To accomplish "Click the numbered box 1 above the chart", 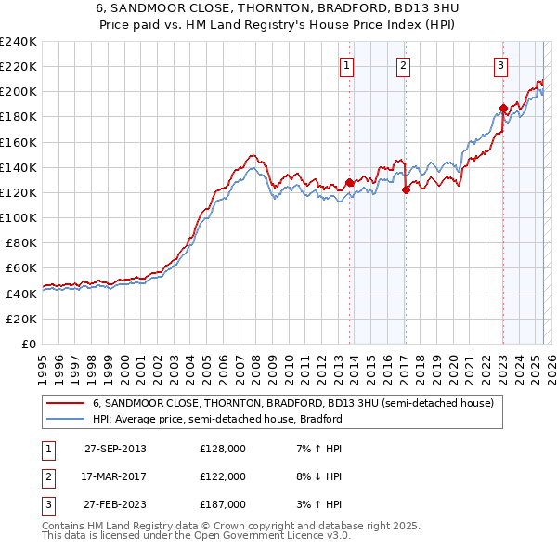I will point(346,65).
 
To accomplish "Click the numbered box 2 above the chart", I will point(404,65).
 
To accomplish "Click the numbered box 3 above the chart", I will point(500,65).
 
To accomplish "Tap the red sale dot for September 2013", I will point(350,182).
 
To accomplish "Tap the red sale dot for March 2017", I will point(407,189).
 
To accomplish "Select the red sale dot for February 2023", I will point(503,108).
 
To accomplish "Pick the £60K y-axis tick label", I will point(21,268).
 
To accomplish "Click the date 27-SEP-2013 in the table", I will point(115,449).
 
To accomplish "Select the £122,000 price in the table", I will point(223,476).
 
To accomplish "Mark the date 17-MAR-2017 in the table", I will point(115,476).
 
